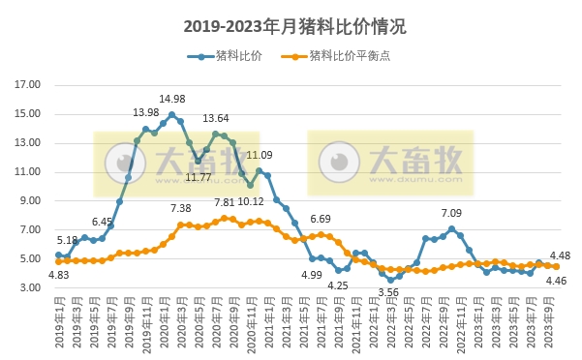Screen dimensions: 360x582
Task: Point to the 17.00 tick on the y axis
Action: pos(27,85)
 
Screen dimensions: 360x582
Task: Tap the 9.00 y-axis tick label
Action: pos(30,201)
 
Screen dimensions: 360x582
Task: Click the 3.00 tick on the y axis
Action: pos(30,288)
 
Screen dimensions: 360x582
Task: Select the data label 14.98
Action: pos(172,99)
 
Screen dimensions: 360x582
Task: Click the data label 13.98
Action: pos(146,113)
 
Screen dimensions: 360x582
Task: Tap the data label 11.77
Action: pos(198,176)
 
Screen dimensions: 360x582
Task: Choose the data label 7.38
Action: pos(181,208)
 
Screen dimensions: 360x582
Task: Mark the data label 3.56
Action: pos(389,291)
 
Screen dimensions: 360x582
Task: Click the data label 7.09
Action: pos(451,213)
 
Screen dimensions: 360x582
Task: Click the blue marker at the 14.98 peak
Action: pos(171,115)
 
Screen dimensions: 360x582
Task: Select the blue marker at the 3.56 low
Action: pos(390,280)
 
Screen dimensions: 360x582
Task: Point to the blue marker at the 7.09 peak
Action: pos(451,229)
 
